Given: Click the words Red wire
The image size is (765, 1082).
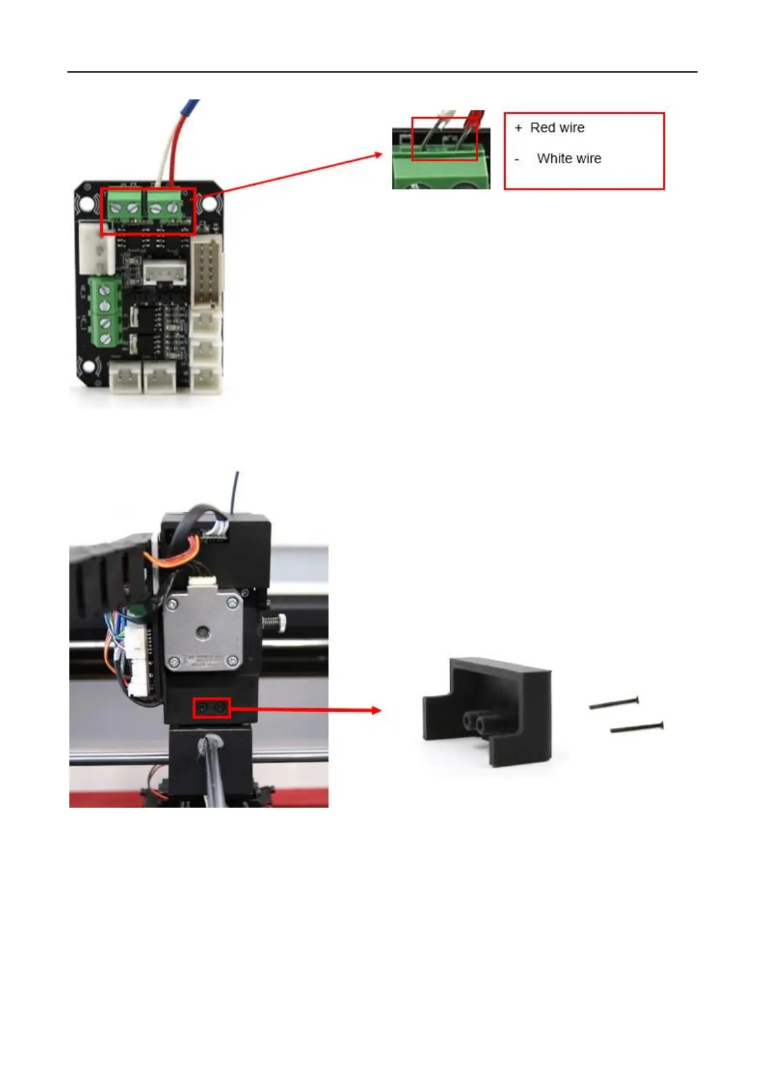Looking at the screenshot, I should tap(557, 128).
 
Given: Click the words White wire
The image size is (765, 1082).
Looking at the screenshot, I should tap(569, 159).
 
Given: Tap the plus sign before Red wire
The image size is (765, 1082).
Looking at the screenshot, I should tap(518, 128).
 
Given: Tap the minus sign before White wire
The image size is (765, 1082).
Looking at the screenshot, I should tap(517, 159).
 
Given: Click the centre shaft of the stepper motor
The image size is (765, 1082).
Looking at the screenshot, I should tap(203, 632).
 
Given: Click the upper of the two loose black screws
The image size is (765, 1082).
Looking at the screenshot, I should tap(614, 703).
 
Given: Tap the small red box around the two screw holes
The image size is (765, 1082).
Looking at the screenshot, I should tap(212, 709).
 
